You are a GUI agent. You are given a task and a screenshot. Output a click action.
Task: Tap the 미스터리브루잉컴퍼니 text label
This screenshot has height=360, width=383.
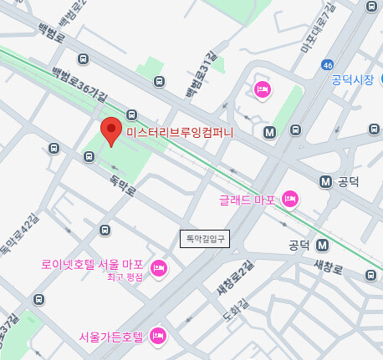click(181, 132)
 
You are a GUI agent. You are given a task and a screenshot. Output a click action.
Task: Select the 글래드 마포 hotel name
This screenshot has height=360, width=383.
click(248, 199)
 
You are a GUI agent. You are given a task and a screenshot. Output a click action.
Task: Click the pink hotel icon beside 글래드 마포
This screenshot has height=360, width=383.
click(290, 198)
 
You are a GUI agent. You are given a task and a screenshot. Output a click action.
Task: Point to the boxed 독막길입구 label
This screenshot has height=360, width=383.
click(205, 239)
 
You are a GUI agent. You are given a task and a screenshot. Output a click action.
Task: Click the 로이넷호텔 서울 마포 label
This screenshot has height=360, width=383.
click(93, 264)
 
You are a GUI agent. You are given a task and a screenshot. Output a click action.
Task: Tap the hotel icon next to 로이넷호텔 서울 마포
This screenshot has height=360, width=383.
click(159, 268)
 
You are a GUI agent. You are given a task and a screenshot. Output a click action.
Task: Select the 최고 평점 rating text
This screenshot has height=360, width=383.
click(125, 276)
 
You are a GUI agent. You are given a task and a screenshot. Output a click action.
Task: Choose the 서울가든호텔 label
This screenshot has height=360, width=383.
click(111, 337)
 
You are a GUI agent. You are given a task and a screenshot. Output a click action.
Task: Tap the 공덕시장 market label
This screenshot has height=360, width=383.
click(352, 80)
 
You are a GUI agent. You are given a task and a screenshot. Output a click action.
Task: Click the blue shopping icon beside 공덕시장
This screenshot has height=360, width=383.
click(380, 81)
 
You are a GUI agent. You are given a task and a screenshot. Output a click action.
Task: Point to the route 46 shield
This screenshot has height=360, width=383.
click(328, 64)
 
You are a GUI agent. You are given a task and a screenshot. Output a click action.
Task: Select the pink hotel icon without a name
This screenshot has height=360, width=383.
click(262, 89)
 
